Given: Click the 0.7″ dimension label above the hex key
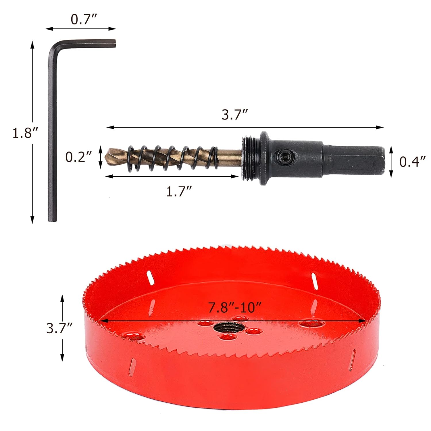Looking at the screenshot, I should pos(84,19).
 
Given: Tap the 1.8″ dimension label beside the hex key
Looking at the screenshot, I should pos(25,133).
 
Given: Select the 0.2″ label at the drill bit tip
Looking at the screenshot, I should pos(78,157).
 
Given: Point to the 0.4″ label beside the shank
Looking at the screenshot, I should pos(412,162).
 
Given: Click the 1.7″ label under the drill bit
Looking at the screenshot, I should pos(179,191).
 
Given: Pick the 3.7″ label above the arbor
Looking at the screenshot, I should pos(234,115).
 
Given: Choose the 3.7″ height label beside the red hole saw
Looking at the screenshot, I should pos(59,328).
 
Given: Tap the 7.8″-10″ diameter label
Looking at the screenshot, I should pos(235,307).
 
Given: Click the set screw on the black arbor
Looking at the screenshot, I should pos(286,157).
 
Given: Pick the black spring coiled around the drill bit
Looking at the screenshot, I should pos(172,158).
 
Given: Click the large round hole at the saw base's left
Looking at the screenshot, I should pos(133,336).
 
